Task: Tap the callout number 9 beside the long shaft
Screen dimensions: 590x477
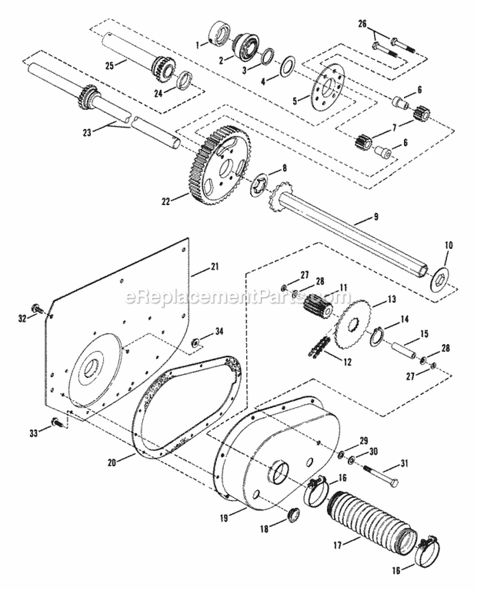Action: coord(376,217)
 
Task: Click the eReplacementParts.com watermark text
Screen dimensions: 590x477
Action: coord(238,297)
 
